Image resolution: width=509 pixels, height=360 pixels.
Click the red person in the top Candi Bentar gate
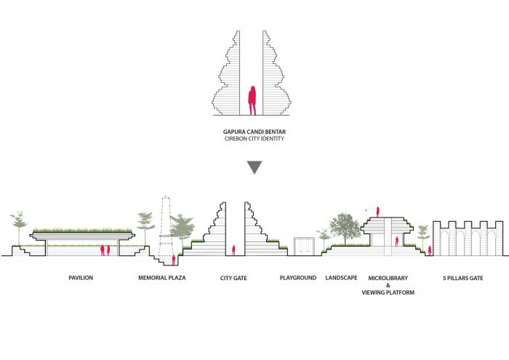click(252, 100)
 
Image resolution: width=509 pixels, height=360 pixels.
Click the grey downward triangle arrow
click(253, 167)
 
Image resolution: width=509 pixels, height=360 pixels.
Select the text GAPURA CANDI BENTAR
click(253, 132)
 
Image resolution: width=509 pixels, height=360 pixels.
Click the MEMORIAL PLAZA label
click(162, 278)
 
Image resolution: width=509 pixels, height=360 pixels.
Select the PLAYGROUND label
click(298, 278)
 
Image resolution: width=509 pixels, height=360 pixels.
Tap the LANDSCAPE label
click(340, 278)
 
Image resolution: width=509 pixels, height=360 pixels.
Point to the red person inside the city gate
click(233, 251)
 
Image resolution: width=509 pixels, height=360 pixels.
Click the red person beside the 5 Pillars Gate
click(430, 252)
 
